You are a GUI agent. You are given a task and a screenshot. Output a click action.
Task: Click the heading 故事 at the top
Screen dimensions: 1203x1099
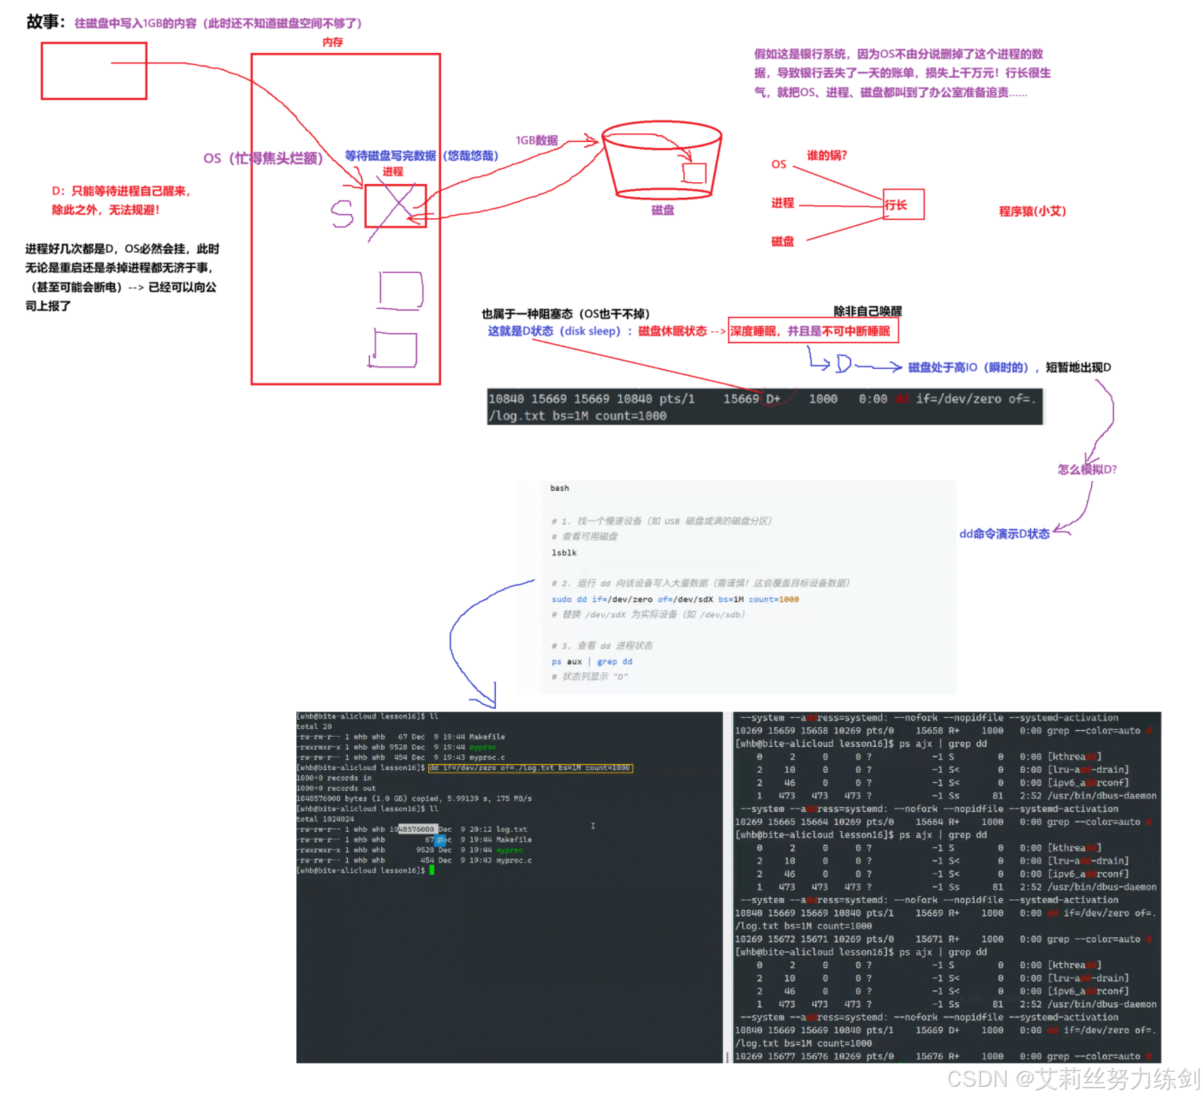click(44, 22)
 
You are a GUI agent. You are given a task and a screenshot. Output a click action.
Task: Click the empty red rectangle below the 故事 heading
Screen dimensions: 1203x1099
click(94, 71)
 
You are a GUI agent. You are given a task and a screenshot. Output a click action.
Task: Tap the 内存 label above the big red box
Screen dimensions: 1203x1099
click(332, 42)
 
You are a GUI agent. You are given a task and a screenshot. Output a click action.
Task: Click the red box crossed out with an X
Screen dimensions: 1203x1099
click(395, 205)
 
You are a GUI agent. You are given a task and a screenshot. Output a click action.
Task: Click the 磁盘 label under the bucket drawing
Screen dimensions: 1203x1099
click(662, 210)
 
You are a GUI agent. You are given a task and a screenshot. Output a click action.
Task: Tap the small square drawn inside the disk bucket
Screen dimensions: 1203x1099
click(694, 173)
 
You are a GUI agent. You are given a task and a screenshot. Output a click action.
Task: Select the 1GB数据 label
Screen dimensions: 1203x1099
click(537, 140)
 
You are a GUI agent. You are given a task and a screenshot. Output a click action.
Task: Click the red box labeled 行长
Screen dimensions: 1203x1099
click(903, 204)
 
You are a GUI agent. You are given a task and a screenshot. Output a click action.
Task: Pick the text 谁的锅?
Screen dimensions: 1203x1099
click(827, 155)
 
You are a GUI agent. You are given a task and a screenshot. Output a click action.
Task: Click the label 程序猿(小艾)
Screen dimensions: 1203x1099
click(1032, 211)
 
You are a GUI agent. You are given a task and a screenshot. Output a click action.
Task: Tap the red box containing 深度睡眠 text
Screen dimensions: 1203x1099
click(812, 331)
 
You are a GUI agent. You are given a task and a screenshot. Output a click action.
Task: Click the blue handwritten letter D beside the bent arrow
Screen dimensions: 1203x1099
click(844, 364)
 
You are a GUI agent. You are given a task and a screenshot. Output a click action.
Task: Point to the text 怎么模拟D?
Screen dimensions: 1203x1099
click(1087, 469)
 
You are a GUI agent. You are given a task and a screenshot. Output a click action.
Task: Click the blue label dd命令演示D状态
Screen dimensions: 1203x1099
click(1004, 534)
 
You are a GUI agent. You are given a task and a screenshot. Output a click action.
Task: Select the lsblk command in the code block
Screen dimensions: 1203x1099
click(564, 553)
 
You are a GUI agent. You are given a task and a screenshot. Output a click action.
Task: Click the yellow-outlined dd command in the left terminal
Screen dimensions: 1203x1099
click(530, 768)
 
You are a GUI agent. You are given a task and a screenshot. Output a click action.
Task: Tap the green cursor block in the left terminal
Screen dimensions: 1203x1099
click(431, 870)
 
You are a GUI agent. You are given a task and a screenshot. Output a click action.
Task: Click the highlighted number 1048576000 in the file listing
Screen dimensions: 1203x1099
click(416, 829)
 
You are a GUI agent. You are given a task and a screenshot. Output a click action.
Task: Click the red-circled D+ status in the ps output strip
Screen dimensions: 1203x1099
click(773, 399)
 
